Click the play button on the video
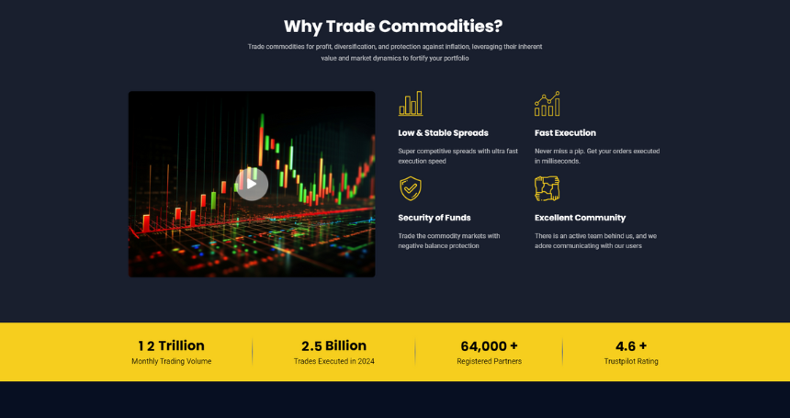tap(252, 184)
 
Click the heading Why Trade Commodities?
tap(393, 27)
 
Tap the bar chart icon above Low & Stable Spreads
tap(411, 103)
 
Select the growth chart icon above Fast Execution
tap(547, 104)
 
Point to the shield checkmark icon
tap(411, 188)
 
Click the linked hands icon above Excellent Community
tap(547, 188)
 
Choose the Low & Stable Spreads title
tap(444, 133)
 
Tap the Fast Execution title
tap(565, 133)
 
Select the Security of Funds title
tap(434, 218)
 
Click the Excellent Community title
tap(580, 218)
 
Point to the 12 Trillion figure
tap(171, 345)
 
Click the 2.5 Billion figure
tap(334, 345)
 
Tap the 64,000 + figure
tap(490, 346)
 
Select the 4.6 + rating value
tap(631, 346)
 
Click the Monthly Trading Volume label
tap(171, 361)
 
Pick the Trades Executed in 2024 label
tap(334, 361)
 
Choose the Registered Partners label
tap(490, 361)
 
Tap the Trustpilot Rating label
tap(631, 361)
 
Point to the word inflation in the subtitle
tap(457, 47)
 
